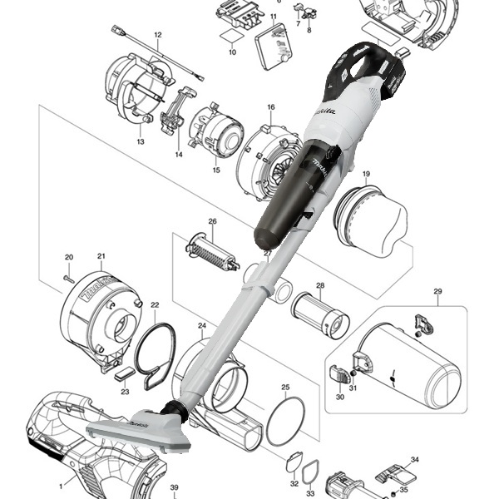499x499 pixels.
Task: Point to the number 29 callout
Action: (438, 291)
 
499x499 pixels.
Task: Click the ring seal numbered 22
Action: (154, 354)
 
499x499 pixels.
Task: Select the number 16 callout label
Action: (270, 108)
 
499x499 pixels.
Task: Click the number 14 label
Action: (178, 155)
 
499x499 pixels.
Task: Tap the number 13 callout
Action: (141, 143)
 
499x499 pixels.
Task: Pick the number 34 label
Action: (415, 459)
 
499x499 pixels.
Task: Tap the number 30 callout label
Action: (339, 398)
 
